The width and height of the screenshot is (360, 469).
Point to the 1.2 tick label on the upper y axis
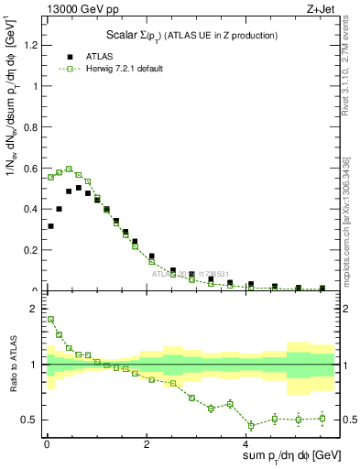[x=30, y=46]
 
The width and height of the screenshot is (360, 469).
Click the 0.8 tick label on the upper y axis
[x=30, y=127]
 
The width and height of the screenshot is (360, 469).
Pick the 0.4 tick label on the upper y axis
[x=30, y=209]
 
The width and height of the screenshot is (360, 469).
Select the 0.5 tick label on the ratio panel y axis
[x=30, y=420]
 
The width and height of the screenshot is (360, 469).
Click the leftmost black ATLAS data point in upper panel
[x=50, y=226]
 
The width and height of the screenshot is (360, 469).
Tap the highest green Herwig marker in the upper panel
[x=69, y=169]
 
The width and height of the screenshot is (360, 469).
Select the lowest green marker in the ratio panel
[x=251, y=425]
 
